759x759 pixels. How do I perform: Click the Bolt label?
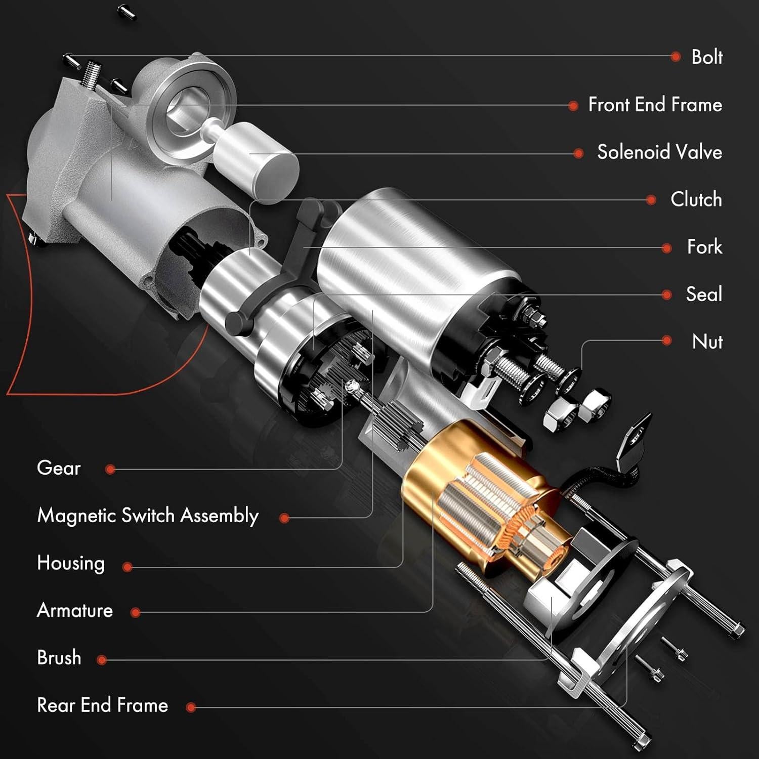pyautogui.click(x=706, y=57)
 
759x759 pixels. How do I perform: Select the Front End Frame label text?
pyautogui.click(x=655, y=105)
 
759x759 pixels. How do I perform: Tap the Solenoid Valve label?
pyautogui.click(x=659, y=152)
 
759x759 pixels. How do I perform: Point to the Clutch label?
pyautogui.click(x=696, y=199)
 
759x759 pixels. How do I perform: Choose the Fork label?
pyautogui.click(x=704, y=247)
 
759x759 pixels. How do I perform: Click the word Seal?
pyautogui.click(x=703, y=294)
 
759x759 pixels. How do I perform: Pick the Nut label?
pyautogui.click(x=707, y=342)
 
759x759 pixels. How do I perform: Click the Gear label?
pyautogui.click(x=59, y=468)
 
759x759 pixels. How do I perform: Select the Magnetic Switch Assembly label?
pyautogui.click(x=148, y=516)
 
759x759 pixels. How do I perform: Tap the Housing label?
pyautogui.click(x=71, y=563)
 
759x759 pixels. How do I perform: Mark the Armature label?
pyautogui.click(x=75, y=611)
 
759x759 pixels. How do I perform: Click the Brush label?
pyautogui.click(x=59, y=658)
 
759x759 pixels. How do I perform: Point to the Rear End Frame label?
pyautogui.click(x=102, y=705)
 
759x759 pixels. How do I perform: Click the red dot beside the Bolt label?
pyautogui.click(x=675, y=57)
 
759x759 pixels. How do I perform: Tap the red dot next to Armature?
pyautogui.click(x=135, y=612)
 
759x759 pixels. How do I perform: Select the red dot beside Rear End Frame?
pyautogui.click(x=191, y=707)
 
